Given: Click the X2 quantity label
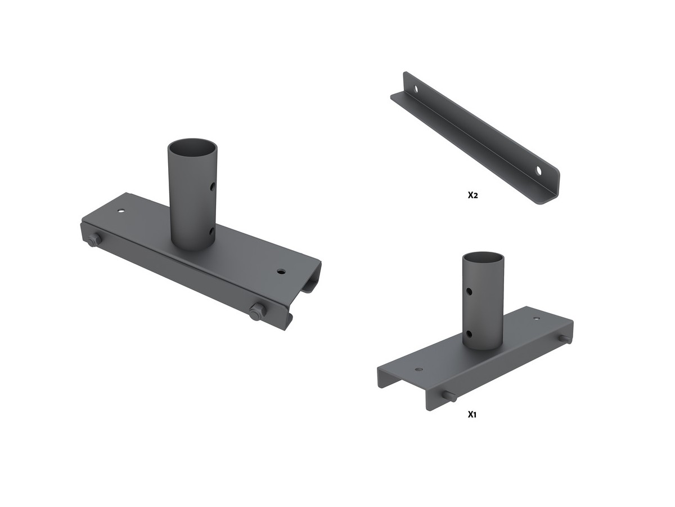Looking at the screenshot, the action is [472, 195].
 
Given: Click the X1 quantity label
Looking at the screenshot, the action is [472, 415].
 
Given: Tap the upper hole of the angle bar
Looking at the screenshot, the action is [416, 90].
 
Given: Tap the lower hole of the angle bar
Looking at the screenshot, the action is [538, 171].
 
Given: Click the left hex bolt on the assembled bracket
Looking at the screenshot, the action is [94, 239].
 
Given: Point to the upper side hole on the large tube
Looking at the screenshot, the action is [212, 187].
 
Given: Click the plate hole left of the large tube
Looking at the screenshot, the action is [121, 211].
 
